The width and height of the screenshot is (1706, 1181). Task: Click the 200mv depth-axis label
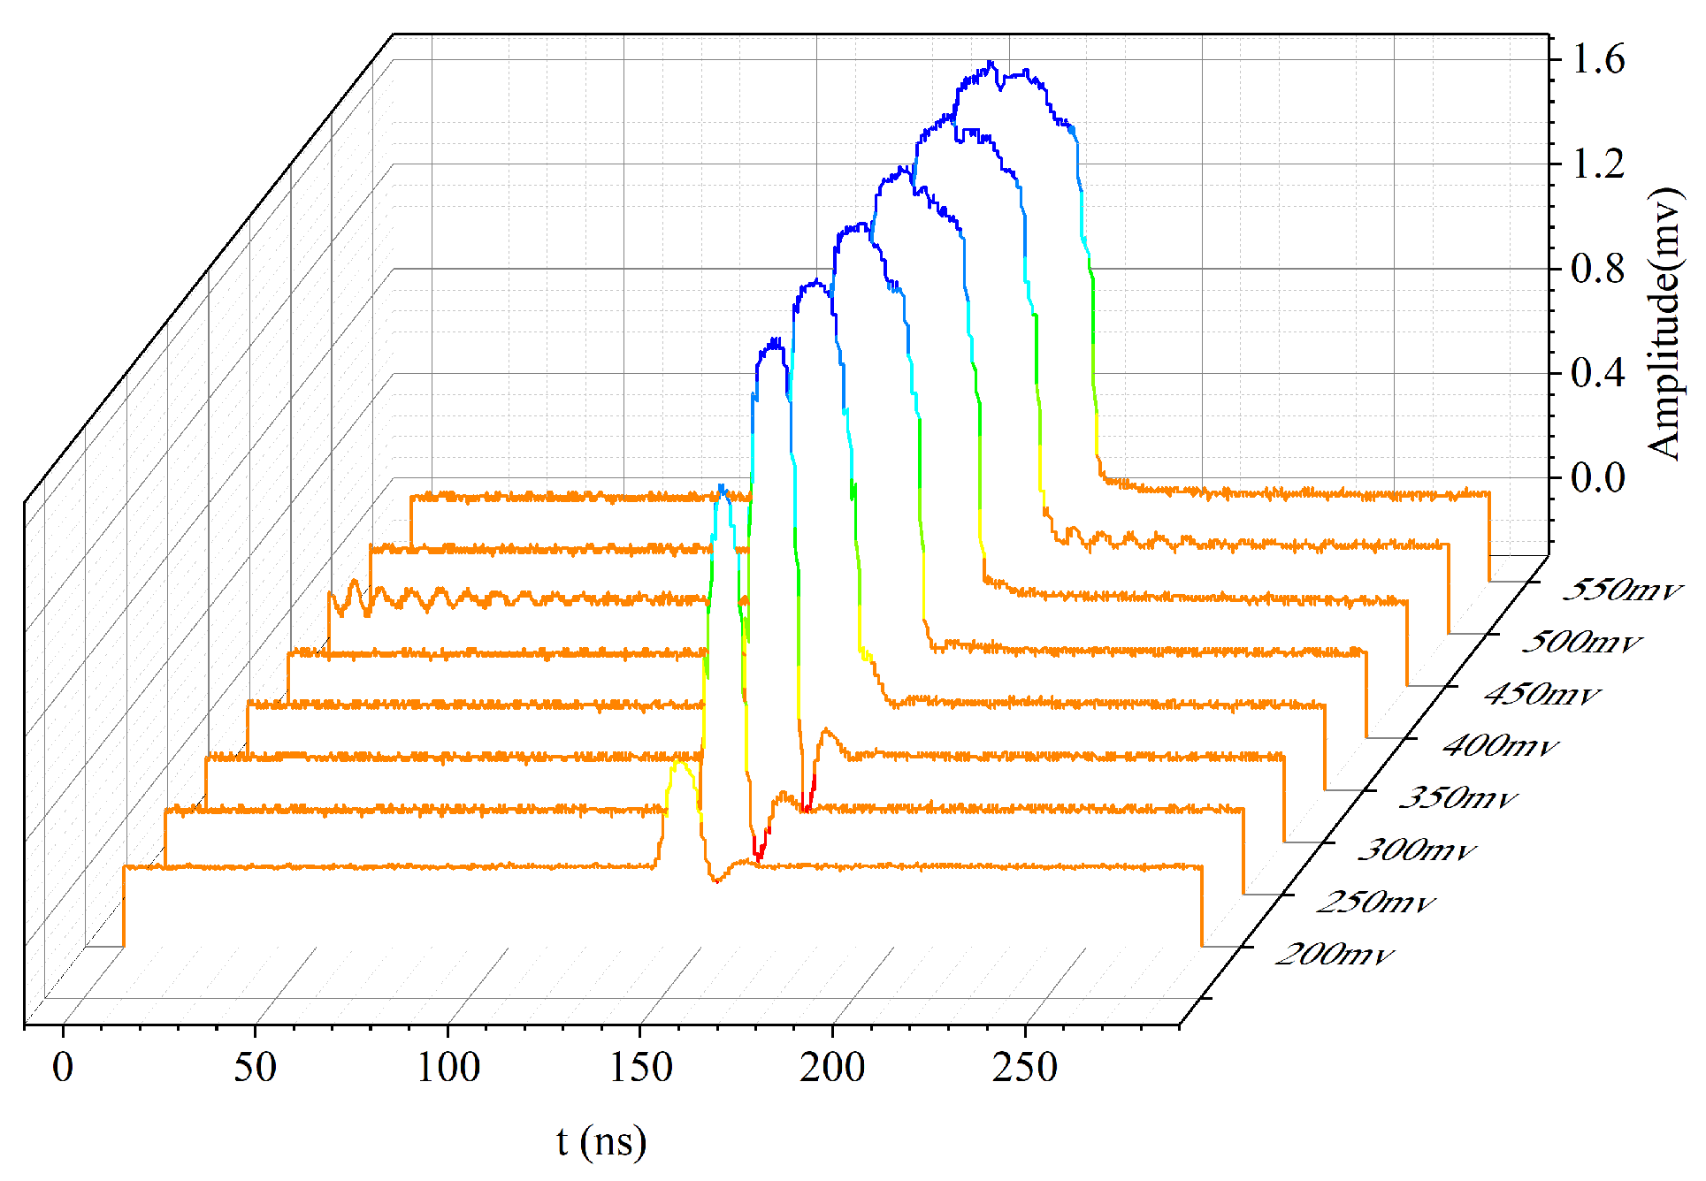pos(1333,954)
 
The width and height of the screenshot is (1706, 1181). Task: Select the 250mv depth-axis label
pos(1375,902)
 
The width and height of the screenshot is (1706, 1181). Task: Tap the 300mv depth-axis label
pos(1416,850)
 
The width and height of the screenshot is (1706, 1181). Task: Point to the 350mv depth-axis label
pos(1457,797)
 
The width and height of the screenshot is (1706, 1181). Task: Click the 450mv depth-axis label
pos(1542,694)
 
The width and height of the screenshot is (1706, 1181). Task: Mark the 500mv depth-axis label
pos(1581,642)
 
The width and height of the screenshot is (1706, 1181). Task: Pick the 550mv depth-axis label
pos(1621,590)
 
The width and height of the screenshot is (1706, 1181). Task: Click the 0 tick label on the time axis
pos(63,1067)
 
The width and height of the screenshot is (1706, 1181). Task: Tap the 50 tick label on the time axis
pos(255,1067)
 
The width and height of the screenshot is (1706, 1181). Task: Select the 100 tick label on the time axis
pos(448,1067)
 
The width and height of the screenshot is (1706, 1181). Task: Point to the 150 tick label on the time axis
pos(640,1067)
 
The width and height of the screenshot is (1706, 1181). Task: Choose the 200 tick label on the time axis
pos(832,1067)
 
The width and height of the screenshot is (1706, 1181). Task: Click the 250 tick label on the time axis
pos(1024,1067)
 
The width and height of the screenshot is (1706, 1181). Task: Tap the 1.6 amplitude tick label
pos(1597,59)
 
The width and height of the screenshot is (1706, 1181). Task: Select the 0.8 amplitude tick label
pos(1597,269)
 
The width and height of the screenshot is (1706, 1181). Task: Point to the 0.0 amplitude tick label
pos(1597,477)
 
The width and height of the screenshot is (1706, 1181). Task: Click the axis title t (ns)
pos(601,1141)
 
